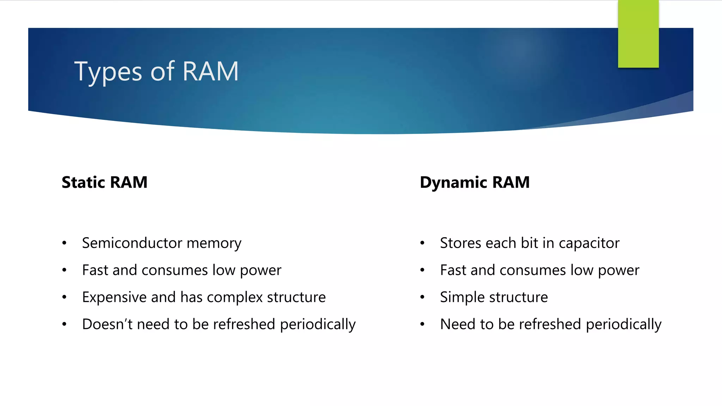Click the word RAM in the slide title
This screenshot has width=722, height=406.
coord(210,72)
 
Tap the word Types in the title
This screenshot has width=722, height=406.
coord(108,72)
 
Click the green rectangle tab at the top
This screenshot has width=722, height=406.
coord(638,34)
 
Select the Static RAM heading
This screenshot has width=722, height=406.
coord(104,183)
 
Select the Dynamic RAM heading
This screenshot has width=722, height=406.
coord(475,183)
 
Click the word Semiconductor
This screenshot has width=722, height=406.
coord(132,243)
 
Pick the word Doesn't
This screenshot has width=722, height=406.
coord(107,324)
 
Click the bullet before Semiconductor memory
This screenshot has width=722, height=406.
coord(64,243)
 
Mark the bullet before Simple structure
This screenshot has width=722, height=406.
coord(422,297)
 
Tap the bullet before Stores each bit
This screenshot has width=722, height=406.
coord(422,243)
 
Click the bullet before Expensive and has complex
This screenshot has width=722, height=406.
coord(64,297)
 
